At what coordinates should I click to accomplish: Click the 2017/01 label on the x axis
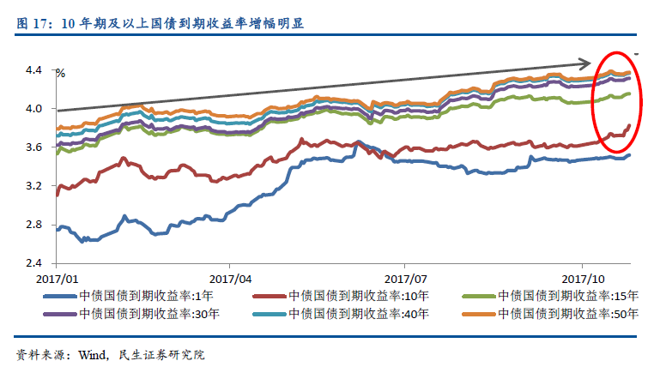58,279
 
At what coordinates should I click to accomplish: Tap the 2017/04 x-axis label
231,279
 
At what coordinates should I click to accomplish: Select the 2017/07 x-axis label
406,279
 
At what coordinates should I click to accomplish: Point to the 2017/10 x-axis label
584,279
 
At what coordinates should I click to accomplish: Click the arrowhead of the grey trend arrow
584,63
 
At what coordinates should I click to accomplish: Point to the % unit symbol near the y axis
60,74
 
